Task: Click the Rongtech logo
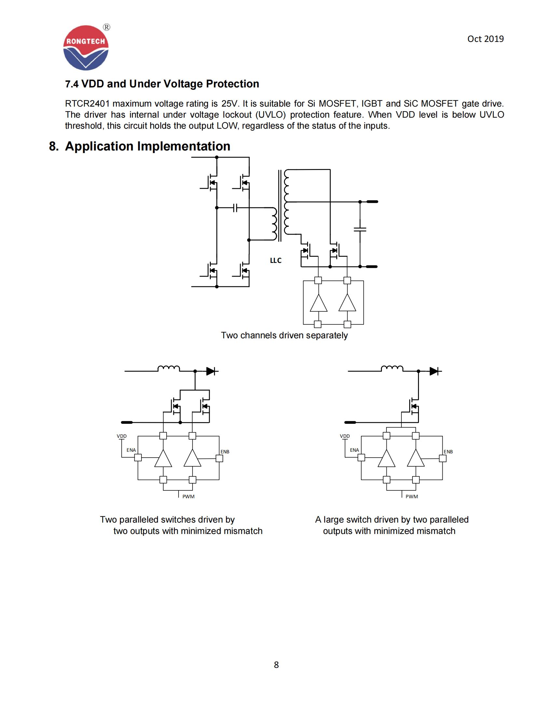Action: [x=86, y=48]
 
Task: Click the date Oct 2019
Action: [x=485, y=39]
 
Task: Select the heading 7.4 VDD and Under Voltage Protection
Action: [x=162, y=84]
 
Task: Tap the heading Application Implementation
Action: [x=147, y=146]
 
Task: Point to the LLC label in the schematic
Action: [x=276, y=260]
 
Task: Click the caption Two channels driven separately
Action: [x=284, y=335]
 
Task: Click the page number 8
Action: [x=276, y=665]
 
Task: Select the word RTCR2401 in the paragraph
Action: [x=87, y=104]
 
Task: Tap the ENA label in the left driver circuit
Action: [x=131, y=450]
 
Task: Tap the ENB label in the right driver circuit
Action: [x=448, y=451]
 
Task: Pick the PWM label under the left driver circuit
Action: [x=188, y=496]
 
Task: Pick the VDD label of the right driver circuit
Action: [x=344, y=436]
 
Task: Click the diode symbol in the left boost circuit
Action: [x=211, y=371]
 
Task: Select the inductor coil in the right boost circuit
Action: [x=392, y=369]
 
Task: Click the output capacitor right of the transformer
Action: [x=360, y=229]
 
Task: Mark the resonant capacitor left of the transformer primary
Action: [x=235, y=208]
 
